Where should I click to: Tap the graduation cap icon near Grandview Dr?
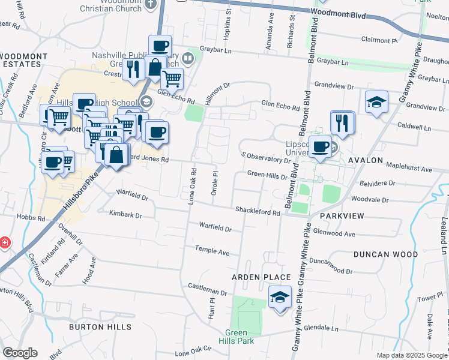pyautogui.click(x=376, y=102)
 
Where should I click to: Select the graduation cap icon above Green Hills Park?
pyautogui.click(x=279, y=298)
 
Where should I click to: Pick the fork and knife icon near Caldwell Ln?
pyautogui.click(x=343, y=123)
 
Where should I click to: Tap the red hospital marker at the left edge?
pyautogui.click(x=4, y=242)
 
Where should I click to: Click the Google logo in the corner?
pyautogui.click(x=20, y=353)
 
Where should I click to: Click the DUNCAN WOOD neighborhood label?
pyautogui.click(x=385, y=254)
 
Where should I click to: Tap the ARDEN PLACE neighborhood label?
pyautogui.click(x=262, y=277)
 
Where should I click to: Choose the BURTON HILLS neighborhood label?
pyautogui.click(x=100, y=327)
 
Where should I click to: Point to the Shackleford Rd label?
pyautogui.click(x=258, y=212)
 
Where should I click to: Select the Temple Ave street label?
pyautogui.click(x=212, y=252)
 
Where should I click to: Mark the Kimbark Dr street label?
pyautogui.click(x=125, y=214)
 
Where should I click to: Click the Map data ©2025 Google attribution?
pyautogui.click(x=411, y=355)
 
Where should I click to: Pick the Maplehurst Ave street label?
pyautogui.click(x=409, y=170)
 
